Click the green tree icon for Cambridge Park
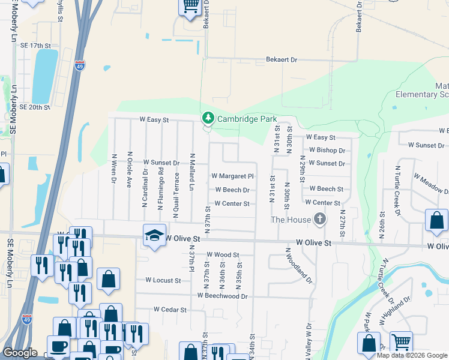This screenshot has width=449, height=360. pos(208,118)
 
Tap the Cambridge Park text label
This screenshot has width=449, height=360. pos(247,119)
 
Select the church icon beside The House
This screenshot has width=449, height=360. pos(320,220)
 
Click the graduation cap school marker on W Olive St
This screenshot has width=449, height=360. pos(154,235)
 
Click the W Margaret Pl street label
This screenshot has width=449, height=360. pos(233,176)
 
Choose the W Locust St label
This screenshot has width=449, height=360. pos(163,280)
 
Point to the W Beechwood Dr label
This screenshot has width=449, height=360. pos(222,296)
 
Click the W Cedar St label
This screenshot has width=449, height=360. pos(170,310)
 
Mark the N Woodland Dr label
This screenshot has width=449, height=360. pos(299,268)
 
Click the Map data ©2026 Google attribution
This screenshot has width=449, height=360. pos(411,355)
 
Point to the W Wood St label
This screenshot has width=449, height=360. pos(223,255)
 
